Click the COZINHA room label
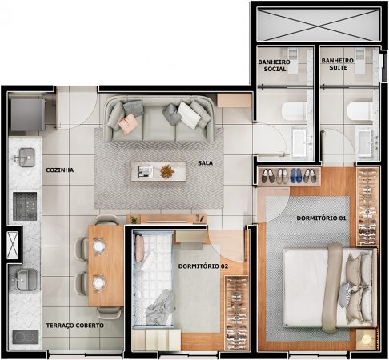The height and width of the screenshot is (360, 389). pyautogui.click(x=60, y=170)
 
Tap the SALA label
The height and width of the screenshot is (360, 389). pyautogui.click(x=205, y=162)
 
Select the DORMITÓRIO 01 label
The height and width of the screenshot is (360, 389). pyautogui.click(x=321, y=218)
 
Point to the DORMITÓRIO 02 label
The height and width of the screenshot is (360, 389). pyautogui.click(x=203, y=266)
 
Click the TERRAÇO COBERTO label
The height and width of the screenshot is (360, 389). pyautogui.click(x=75, y=326)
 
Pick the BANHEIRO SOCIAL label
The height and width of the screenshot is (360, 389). pyautogui.click(x=275, y=66)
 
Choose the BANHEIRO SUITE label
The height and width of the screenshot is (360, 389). pyautogui.click(x=338, y=64)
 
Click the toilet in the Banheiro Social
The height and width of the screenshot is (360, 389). pyautogui.click(x=294, y=111)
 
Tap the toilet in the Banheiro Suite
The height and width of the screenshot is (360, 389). pyautogui.click(x=359, y=111)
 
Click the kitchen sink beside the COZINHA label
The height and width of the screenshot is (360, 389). pyautogui.click(x=26, y=158)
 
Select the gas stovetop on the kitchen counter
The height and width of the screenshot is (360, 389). pyautogui.click(x=25, y=206)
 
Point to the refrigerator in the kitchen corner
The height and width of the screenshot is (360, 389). pyautogui.click(x=27, y=114)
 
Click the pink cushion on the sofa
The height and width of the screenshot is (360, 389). pyautogui.click(x=128, y=124)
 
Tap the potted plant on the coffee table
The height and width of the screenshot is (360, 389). pyautogui.click(x=167, y=171)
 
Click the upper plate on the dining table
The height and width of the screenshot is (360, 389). pyautogui.click(x=98, y=246)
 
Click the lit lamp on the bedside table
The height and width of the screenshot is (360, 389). pyautogui.click(x=366, y=339)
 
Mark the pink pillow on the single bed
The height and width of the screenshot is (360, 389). pyautogui.click(x=139, y=248)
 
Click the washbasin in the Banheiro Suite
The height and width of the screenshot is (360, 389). pyautogui.click(x=365, y=142)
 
